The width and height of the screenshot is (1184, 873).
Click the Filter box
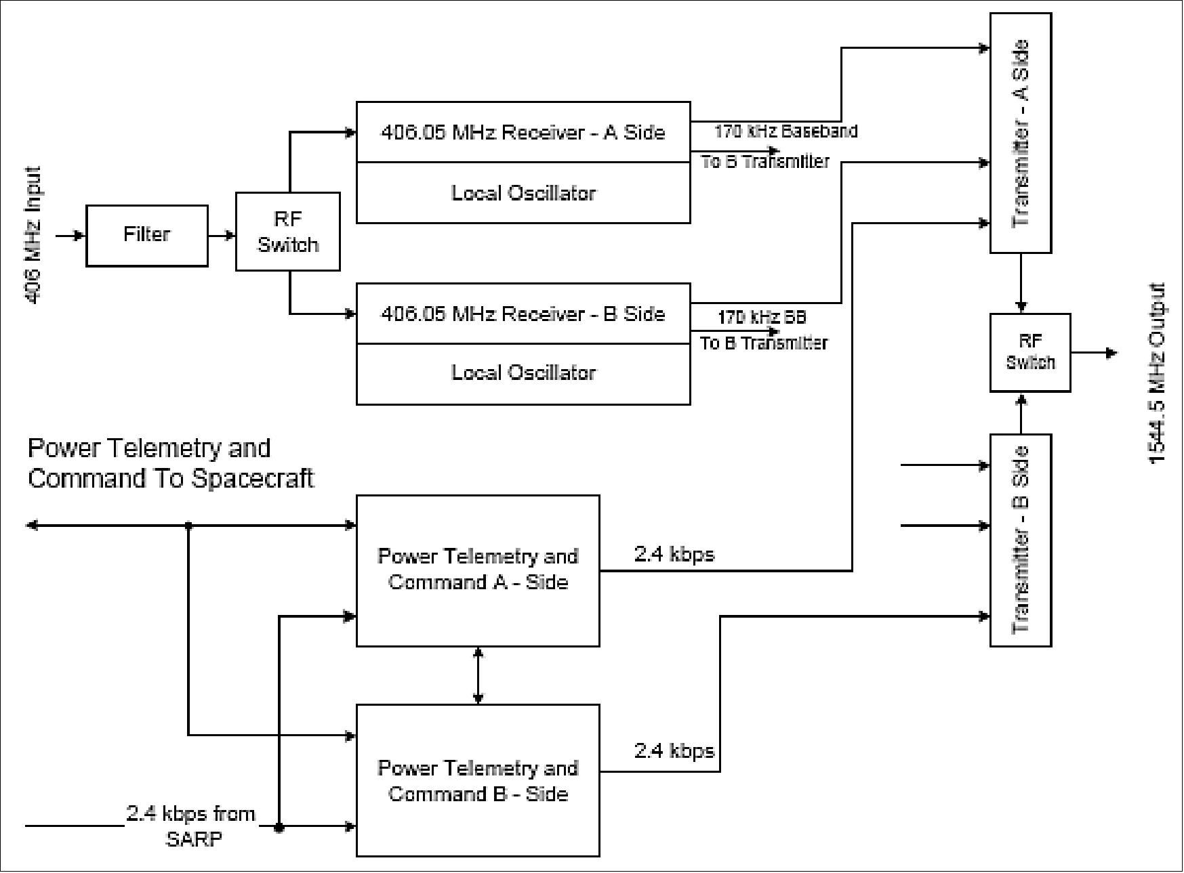(146, 235)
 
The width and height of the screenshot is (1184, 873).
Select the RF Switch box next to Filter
(287, 232)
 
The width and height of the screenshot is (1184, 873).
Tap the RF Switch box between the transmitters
(1029, 352)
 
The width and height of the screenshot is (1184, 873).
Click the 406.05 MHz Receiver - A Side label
(523, 132)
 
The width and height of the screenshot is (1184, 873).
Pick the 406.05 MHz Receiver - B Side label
(523, 314)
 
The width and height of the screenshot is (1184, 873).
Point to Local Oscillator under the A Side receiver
(523, 193)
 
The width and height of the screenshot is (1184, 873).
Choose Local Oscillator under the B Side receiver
(523, 373)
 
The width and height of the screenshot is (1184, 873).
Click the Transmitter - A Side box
(1020, 133)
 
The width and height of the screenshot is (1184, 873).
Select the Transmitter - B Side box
(1020, 540)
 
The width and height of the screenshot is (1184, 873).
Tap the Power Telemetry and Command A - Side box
(478, 570)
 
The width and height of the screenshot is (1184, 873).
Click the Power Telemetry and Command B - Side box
(478, 780)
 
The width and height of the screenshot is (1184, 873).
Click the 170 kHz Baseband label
(785, 131)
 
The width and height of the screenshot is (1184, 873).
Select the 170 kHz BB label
(762, 317)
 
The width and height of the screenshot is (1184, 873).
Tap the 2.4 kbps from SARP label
(191, 826)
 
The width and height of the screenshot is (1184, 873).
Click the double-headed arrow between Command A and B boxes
(478, 675)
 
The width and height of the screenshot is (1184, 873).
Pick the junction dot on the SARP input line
(279, 828)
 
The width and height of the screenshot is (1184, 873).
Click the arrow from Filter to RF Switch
(222, 236)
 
